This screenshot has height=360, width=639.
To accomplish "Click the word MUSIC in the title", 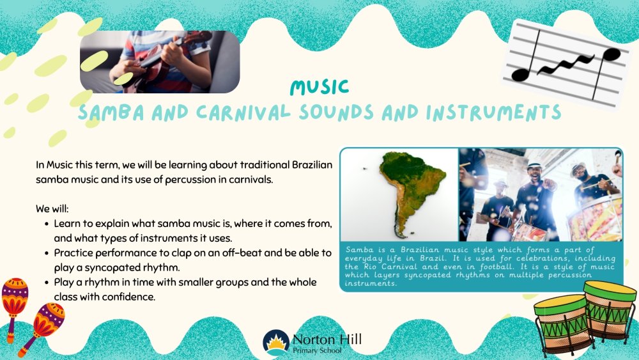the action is (319, 86).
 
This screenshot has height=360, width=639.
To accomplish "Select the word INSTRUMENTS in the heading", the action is (493, 113).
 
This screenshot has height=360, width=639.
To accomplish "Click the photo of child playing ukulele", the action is (160, 61).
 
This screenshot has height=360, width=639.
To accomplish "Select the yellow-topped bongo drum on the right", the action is (608, 310).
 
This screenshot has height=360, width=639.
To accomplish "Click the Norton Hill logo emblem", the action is (276, 342).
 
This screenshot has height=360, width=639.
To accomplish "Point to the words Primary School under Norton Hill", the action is (317, 350).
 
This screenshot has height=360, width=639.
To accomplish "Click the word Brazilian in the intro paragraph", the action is (312, 165).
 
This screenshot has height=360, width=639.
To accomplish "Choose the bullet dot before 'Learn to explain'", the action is (47, 224).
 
